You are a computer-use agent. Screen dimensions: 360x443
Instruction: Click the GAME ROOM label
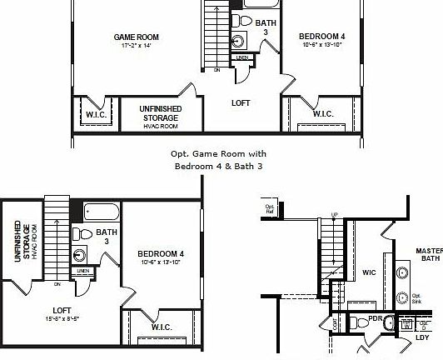[x=137, y=37]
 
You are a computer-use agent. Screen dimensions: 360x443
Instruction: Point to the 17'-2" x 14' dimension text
[x=137, y=47]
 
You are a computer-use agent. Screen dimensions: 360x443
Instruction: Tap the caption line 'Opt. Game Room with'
[x=218, y=153]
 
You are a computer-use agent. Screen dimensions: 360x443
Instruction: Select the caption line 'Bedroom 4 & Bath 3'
[x=218, y=166]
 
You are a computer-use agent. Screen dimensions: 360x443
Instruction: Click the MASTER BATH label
[x=430, y=254]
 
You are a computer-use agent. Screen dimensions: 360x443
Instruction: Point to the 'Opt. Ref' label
[x=270, y=208]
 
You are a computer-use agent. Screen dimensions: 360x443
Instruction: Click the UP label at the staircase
[x=335, y=215]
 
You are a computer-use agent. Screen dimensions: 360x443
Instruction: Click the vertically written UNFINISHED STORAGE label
[x=22, y=242]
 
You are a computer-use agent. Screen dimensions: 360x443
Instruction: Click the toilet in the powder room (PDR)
[x=355, y=322]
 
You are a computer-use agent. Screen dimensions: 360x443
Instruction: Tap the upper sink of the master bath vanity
[x=402, y=272]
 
